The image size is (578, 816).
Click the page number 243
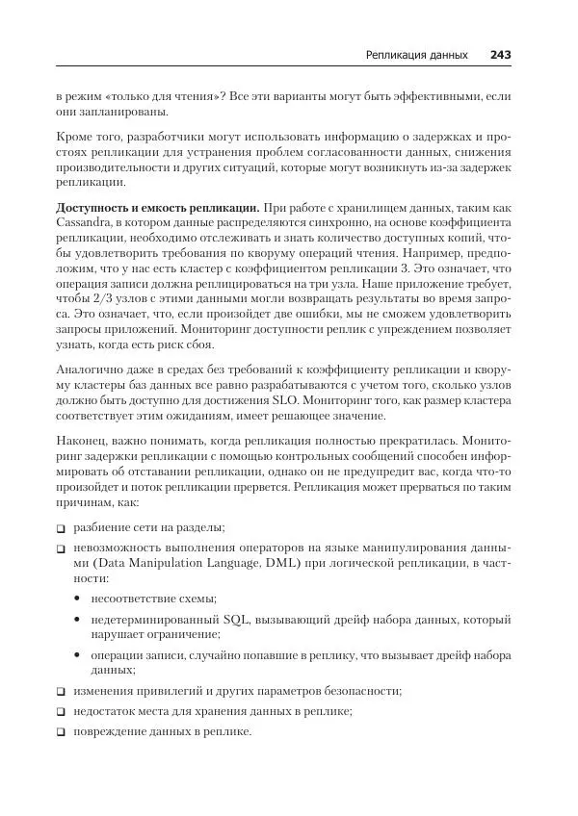click(500, 55)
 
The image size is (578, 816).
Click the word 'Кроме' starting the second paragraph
click(76, 138)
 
